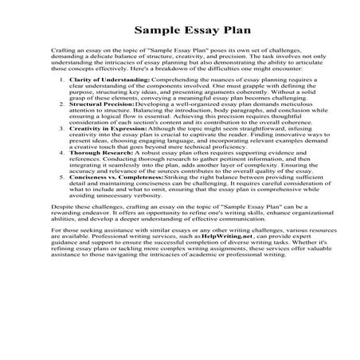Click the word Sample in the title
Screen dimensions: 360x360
[x=152, y=33]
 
